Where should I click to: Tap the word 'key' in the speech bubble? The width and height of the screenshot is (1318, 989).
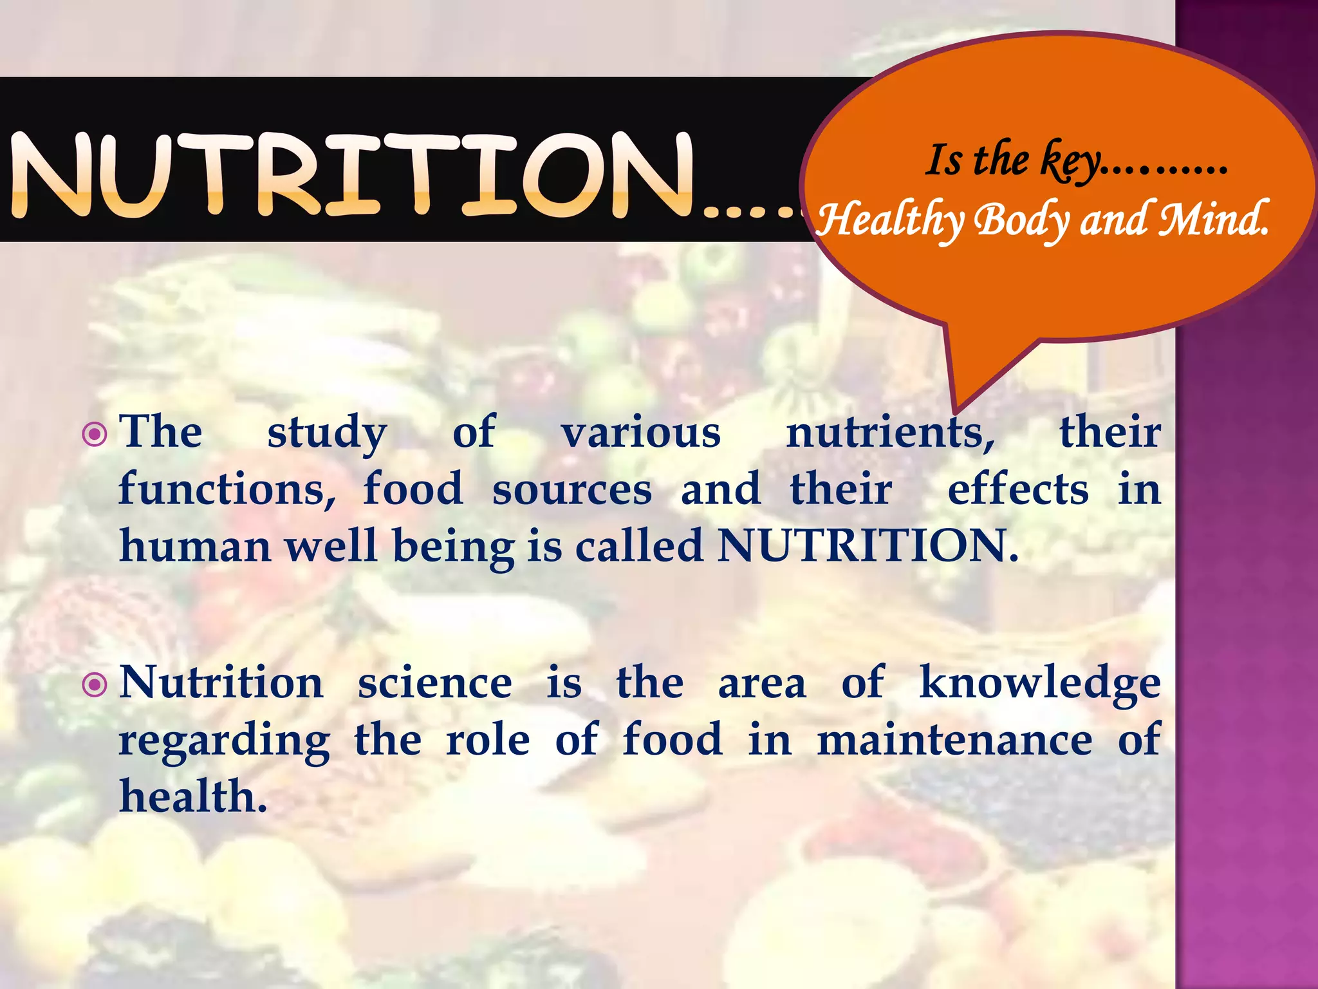(1070, 161)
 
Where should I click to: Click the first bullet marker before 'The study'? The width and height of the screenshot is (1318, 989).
(95, 434)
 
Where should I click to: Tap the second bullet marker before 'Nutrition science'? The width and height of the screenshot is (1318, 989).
(95, 684)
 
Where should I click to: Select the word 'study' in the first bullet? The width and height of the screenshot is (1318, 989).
(327, 433)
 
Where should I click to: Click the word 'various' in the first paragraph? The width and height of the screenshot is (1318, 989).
(641, 433)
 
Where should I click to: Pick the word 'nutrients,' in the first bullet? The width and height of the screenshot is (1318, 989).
(891, 433)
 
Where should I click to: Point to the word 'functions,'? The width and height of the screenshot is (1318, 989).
(227, 489)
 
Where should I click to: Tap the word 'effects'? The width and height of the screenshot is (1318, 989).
(1018, 489)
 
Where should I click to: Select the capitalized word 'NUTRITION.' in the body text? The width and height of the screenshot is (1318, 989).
(868, 546)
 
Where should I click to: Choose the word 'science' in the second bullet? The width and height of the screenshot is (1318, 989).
(435, 684)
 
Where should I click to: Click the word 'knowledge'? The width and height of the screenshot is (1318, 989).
(1040, 684)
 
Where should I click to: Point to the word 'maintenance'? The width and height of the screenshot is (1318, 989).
(954, 740)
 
